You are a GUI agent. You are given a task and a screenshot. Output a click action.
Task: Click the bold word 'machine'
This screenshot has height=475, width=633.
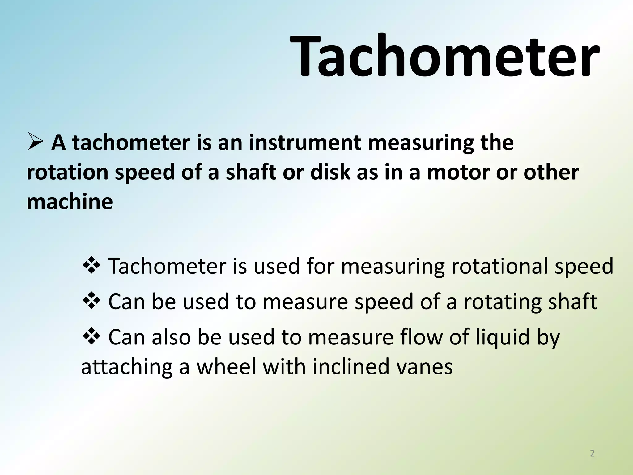(70, 202)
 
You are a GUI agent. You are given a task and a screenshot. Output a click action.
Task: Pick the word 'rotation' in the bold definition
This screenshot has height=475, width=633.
(67, 172)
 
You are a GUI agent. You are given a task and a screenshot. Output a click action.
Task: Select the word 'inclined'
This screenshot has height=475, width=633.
(351, 367)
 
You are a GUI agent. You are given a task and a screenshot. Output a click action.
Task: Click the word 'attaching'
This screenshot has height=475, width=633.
(127, 367)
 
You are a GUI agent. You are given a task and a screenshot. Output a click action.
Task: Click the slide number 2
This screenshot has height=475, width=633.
(592, 454)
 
